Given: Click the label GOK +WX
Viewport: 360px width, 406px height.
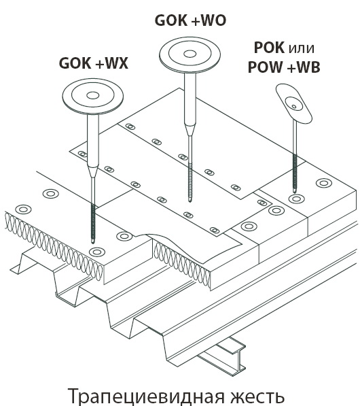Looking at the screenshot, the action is tap(94, 63).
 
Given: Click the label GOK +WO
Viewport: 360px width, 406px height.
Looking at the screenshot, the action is tap(190, 20).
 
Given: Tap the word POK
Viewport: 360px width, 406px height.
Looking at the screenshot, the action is tap(269, 48).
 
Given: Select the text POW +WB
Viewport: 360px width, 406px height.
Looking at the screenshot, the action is tap(284, 67).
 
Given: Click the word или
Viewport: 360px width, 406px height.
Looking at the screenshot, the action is tap(302, 49).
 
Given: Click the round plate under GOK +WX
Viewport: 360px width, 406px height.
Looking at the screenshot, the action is tap(93, 97).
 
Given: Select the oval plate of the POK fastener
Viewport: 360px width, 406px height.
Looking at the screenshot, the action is tap(294, 103).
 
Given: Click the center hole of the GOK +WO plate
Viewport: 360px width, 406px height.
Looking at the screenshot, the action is tap(190, 54).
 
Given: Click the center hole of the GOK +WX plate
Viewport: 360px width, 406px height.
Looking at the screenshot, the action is tap(93, 95).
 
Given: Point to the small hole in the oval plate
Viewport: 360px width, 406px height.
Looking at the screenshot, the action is tap(294, 106).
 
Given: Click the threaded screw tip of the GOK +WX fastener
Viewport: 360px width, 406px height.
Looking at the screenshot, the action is tap(93, 222).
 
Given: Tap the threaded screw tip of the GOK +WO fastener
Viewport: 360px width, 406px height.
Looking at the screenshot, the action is tap(190, 182).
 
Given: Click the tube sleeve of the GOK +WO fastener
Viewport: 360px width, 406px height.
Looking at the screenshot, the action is tap(190, 103).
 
